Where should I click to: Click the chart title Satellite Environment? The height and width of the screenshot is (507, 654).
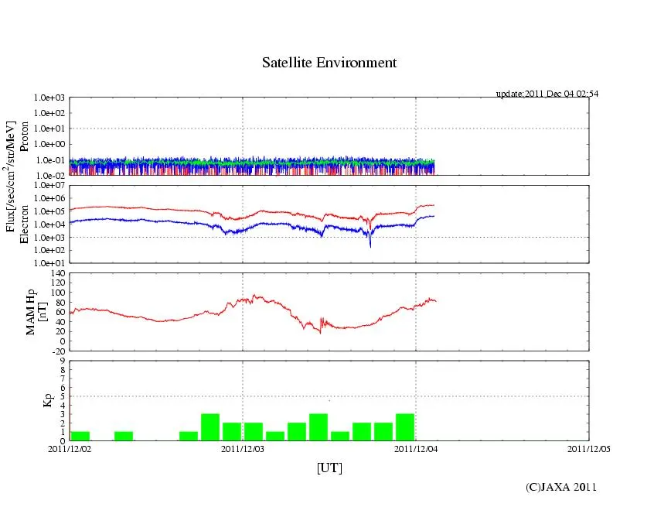pyautogui.click(x=329, y=63)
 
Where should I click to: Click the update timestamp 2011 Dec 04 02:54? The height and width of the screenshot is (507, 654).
pyautogui.click(x=547, y=94)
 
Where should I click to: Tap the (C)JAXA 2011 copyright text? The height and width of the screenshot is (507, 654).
pyautogui.click(x=560, y=487)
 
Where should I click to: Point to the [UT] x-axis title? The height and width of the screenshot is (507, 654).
pyautogui.click(x=329, y=468)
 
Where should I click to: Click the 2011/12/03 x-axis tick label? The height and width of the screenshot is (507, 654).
pyautogui.click(x=243, y=447)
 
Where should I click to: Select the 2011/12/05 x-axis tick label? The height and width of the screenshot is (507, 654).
pyautogui.click(x=590, y=447)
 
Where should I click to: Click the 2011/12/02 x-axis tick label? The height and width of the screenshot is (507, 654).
pyautogui.click(x=70, y=447)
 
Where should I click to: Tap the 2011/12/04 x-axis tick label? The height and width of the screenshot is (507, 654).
pyautogui.click(x=416, y=447)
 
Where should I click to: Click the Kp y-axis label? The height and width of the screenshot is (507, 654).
pyautogui.click(x=47, y=400)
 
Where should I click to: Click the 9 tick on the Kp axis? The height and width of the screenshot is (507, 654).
pyautogui.click(x=62, y=360)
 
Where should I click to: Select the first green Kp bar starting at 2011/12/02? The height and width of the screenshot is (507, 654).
pyautogui.click(x=80, y=436)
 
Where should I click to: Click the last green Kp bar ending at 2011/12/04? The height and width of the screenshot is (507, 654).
pyautogui.click(x=405, y=427)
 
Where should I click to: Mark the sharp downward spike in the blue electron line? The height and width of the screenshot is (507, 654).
pyautogui.click(x=370, y=245)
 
